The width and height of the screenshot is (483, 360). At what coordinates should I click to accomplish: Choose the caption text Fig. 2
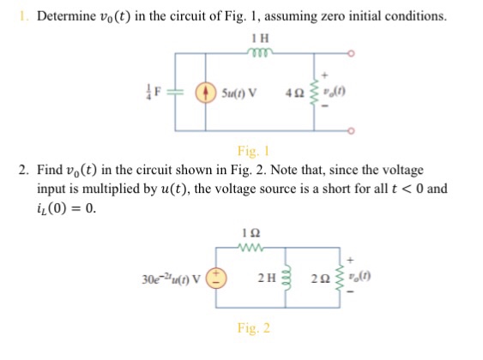click(254, 327)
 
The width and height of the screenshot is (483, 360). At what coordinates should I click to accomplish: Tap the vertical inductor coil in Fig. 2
click(287, 279)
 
